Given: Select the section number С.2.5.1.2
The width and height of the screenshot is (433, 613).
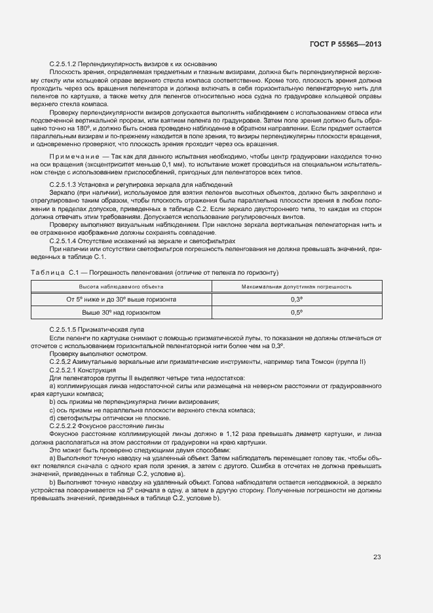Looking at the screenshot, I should click(63, 64).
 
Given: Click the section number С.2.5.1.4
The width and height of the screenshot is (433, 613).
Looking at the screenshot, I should click(63, 241).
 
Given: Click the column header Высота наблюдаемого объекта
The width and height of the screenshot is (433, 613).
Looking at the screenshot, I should click(121, 287).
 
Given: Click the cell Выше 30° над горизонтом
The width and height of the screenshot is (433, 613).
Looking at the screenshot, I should click(121, 313).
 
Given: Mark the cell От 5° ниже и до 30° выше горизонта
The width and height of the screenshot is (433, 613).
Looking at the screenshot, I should click(121, 299).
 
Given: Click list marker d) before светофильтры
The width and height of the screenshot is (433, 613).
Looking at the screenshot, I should click(52, 418).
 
